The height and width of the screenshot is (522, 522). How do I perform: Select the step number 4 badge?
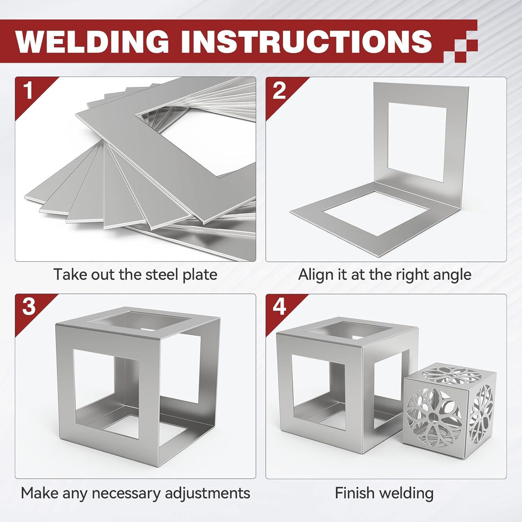point(279,307)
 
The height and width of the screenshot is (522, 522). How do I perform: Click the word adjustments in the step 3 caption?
point(207,493)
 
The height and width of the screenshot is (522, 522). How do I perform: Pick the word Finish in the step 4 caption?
point(353,493)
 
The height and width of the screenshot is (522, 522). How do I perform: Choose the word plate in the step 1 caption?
point(200,275)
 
